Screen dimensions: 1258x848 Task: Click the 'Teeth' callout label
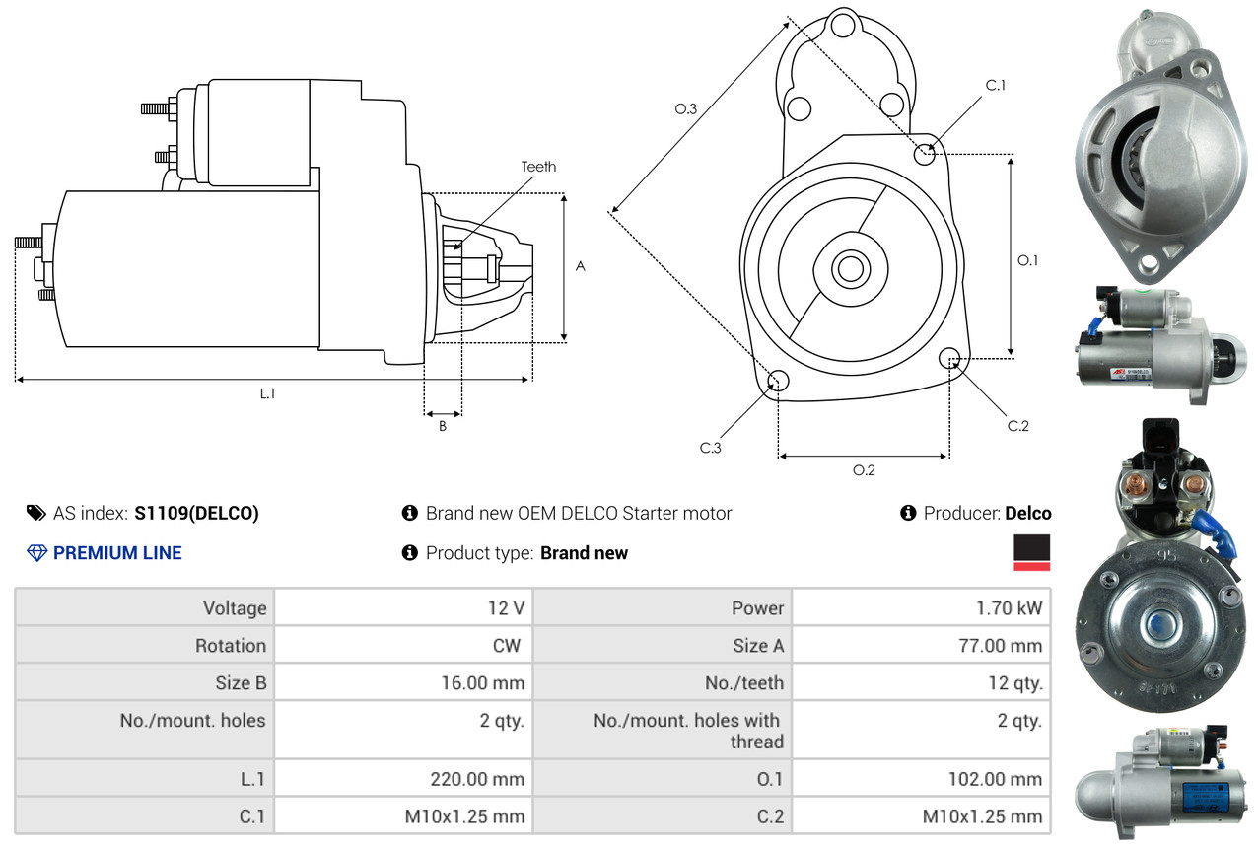pos(538,167)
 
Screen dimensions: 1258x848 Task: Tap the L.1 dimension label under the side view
pos(267,393)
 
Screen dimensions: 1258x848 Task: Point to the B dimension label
pos(443,426)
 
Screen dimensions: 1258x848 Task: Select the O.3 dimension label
pos(686,108)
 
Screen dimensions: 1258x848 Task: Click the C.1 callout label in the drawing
pos(995,86)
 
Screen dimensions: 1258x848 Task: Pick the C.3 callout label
pos(711,448)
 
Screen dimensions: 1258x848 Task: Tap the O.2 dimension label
pos(864,470)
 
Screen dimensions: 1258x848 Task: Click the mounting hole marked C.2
pos(949,358)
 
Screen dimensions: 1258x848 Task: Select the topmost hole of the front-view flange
pos(843,26)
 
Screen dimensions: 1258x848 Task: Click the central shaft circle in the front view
pos(850,269)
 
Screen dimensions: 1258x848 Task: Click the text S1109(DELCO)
pos(196,513)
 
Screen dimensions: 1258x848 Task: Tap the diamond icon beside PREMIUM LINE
pos(37,552)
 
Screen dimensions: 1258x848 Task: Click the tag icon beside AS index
pos(36,513)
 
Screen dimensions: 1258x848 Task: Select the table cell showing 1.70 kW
pos(921,607)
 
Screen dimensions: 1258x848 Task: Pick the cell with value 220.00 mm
pos(403,779)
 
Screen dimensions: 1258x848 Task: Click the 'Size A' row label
pos(758,645)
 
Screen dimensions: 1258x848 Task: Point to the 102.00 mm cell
pos(921,779)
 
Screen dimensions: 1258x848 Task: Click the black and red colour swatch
pos(1031,552)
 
